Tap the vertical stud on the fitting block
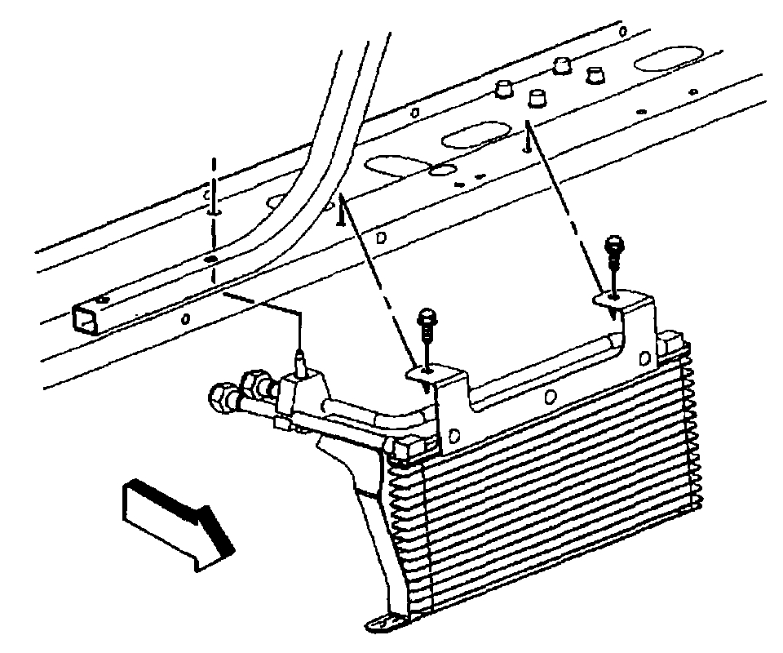[x=301, y=359]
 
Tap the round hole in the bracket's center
[x=551, y=397]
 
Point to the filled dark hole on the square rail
[x=211, y=259]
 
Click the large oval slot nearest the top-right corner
[x=665, y=61]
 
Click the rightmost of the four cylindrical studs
[x=597, y=74]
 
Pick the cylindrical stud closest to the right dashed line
[x=536, y=99]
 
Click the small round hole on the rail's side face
[x=185, y=318]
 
